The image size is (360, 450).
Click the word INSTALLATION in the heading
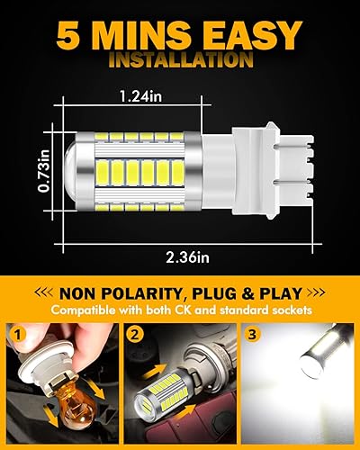(179, 62)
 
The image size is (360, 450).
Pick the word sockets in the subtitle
(287, 311)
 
